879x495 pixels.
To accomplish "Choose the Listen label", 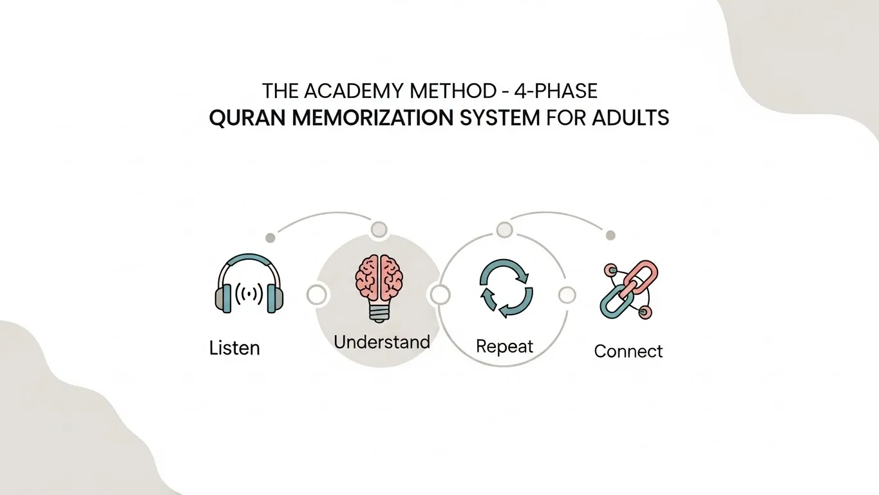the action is pyautogui.click(x=234, y=349).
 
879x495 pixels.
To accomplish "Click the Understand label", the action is pyautogui.click(x=382, y=342).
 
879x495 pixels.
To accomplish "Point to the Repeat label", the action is pyautogui.click(x=505, y=347).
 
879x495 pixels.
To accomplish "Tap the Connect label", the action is pyautogui.click(x=628, y=351).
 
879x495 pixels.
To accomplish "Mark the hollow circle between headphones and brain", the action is pyautogui.click(x=316, y=295).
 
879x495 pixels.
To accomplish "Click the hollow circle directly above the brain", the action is pyautogui.click(x=379, y=229).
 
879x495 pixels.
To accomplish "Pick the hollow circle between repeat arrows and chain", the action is pyautogui.click(x=567, y=295).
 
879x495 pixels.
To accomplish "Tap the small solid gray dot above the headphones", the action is pyautogui.click(x=270, y=238).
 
